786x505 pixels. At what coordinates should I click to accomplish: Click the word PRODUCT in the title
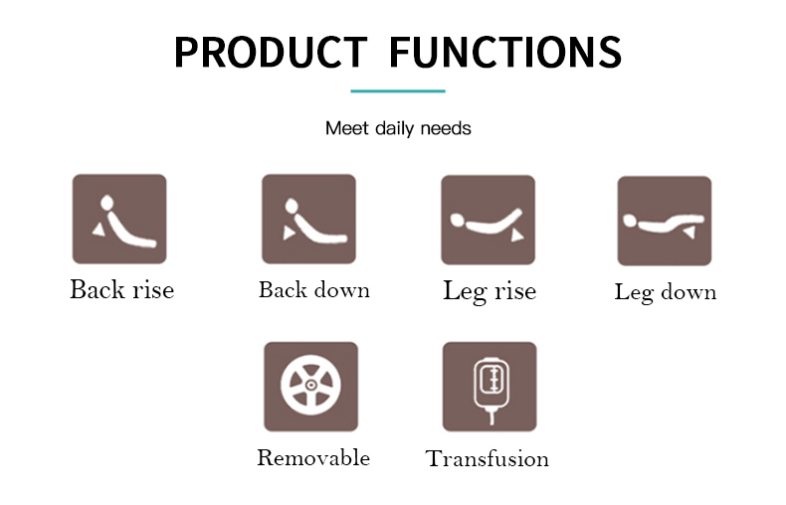pos(271,52)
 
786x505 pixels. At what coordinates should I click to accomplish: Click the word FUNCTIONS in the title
pos(505,52)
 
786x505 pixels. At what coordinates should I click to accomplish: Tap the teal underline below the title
pos(398,91)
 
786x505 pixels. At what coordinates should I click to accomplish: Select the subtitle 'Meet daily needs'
pos(398,129)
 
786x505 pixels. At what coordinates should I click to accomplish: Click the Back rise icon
pos(119,219)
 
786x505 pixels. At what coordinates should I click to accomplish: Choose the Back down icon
pos(308,219)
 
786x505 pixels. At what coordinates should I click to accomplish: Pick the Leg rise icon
pos(489,220)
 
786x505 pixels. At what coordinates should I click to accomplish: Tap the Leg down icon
pos(665,221)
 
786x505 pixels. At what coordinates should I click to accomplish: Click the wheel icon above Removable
pos(310,387)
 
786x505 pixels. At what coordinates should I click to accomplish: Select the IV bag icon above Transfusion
pos(490,387)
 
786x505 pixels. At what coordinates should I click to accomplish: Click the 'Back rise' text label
pos(121,289)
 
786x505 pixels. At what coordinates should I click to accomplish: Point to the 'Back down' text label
pos(314,290)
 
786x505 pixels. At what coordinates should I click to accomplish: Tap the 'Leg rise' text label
pos(490,291)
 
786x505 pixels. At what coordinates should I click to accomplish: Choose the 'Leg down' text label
pos(666,292)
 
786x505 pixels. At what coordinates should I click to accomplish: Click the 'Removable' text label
pos(313,458)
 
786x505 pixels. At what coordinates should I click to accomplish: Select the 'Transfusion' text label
pos(488,459)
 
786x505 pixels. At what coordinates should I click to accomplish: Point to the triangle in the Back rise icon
pos(99,230)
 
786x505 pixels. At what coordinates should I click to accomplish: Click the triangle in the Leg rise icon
pos(516,236)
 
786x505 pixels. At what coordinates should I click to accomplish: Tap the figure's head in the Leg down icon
pos(630,221)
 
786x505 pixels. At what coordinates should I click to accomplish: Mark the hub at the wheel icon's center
pos(310,386)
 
